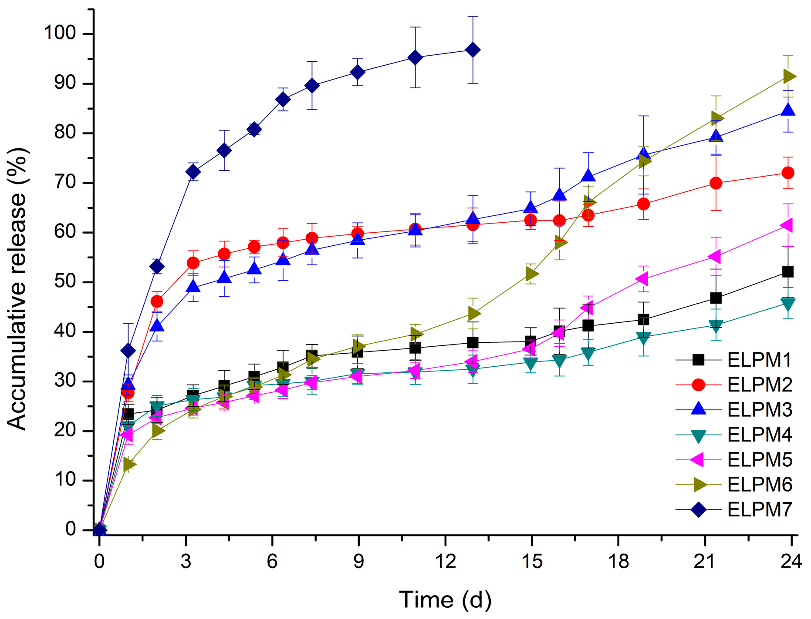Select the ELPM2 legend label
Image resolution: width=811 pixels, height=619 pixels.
coord(760,385)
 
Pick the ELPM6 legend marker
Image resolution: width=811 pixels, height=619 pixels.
coord(699,485)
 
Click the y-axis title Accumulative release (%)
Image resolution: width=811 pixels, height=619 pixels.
coord(17,289)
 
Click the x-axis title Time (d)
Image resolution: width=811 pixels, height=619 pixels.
coord(445,599)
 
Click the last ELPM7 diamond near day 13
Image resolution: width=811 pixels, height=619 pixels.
coord(473,50)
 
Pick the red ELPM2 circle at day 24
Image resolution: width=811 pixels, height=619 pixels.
coord(788,173)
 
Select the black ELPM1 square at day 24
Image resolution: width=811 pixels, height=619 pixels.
coord(788,272)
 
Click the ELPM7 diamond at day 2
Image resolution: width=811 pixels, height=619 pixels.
coord(157,266)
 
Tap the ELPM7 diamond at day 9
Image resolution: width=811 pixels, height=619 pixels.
coord(358,72)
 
